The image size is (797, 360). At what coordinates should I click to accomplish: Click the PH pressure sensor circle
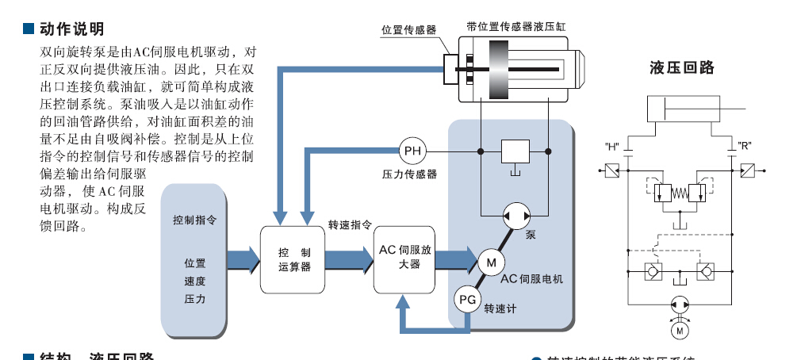[413, 151]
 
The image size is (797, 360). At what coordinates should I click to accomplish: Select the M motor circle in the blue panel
[490, 261]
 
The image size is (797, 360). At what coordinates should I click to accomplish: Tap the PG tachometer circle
[466, 300]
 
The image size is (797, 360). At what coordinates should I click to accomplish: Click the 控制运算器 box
[294, 259]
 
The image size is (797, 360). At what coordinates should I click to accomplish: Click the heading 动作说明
[72, 29]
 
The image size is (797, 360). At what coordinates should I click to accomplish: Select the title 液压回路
[681, 68]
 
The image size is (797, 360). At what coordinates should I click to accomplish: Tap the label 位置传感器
[408, 30]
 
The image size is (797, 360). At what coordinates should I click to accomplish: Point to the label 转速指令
[350, 225]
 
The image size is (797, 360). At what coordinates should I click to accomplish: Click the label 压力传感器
[409, 174]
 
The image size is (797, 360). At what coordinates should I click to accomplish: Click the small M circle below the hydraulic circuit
[679, 327]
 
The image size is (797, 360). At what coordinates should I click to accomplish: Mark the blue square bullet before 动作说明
[29, 29]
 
